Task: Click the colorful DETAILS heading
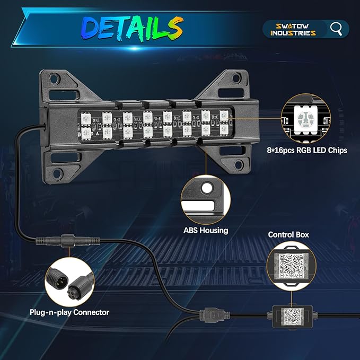[133, 29]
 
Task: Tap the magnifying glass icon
[336, 29]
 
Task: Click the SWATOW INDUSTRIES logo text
[293, 29]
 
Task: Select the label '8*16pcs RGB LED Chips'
[307, 150]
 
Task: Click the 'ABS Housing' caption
[206, 230]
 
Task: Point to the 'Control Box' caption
[288, 234]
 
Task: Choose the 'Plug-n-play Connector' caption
[69, 312]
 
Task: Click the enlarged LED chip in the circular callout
[305, 120]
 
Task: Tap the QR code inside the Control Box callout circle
[291, 266]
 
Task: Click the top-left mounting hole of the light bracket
[55, 79]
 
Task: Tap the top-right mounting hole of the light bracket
[236, 78]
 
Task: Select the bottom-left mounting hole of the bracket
[57, 173]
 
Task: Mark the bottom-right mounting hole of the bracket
[239, 164]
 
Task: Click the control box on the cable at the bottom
[292, 317]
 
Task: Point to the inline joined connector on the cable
[68, 241]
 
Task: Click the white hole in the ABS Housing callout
[207, 188]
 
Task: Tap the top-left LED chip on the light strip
[86, 119]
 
